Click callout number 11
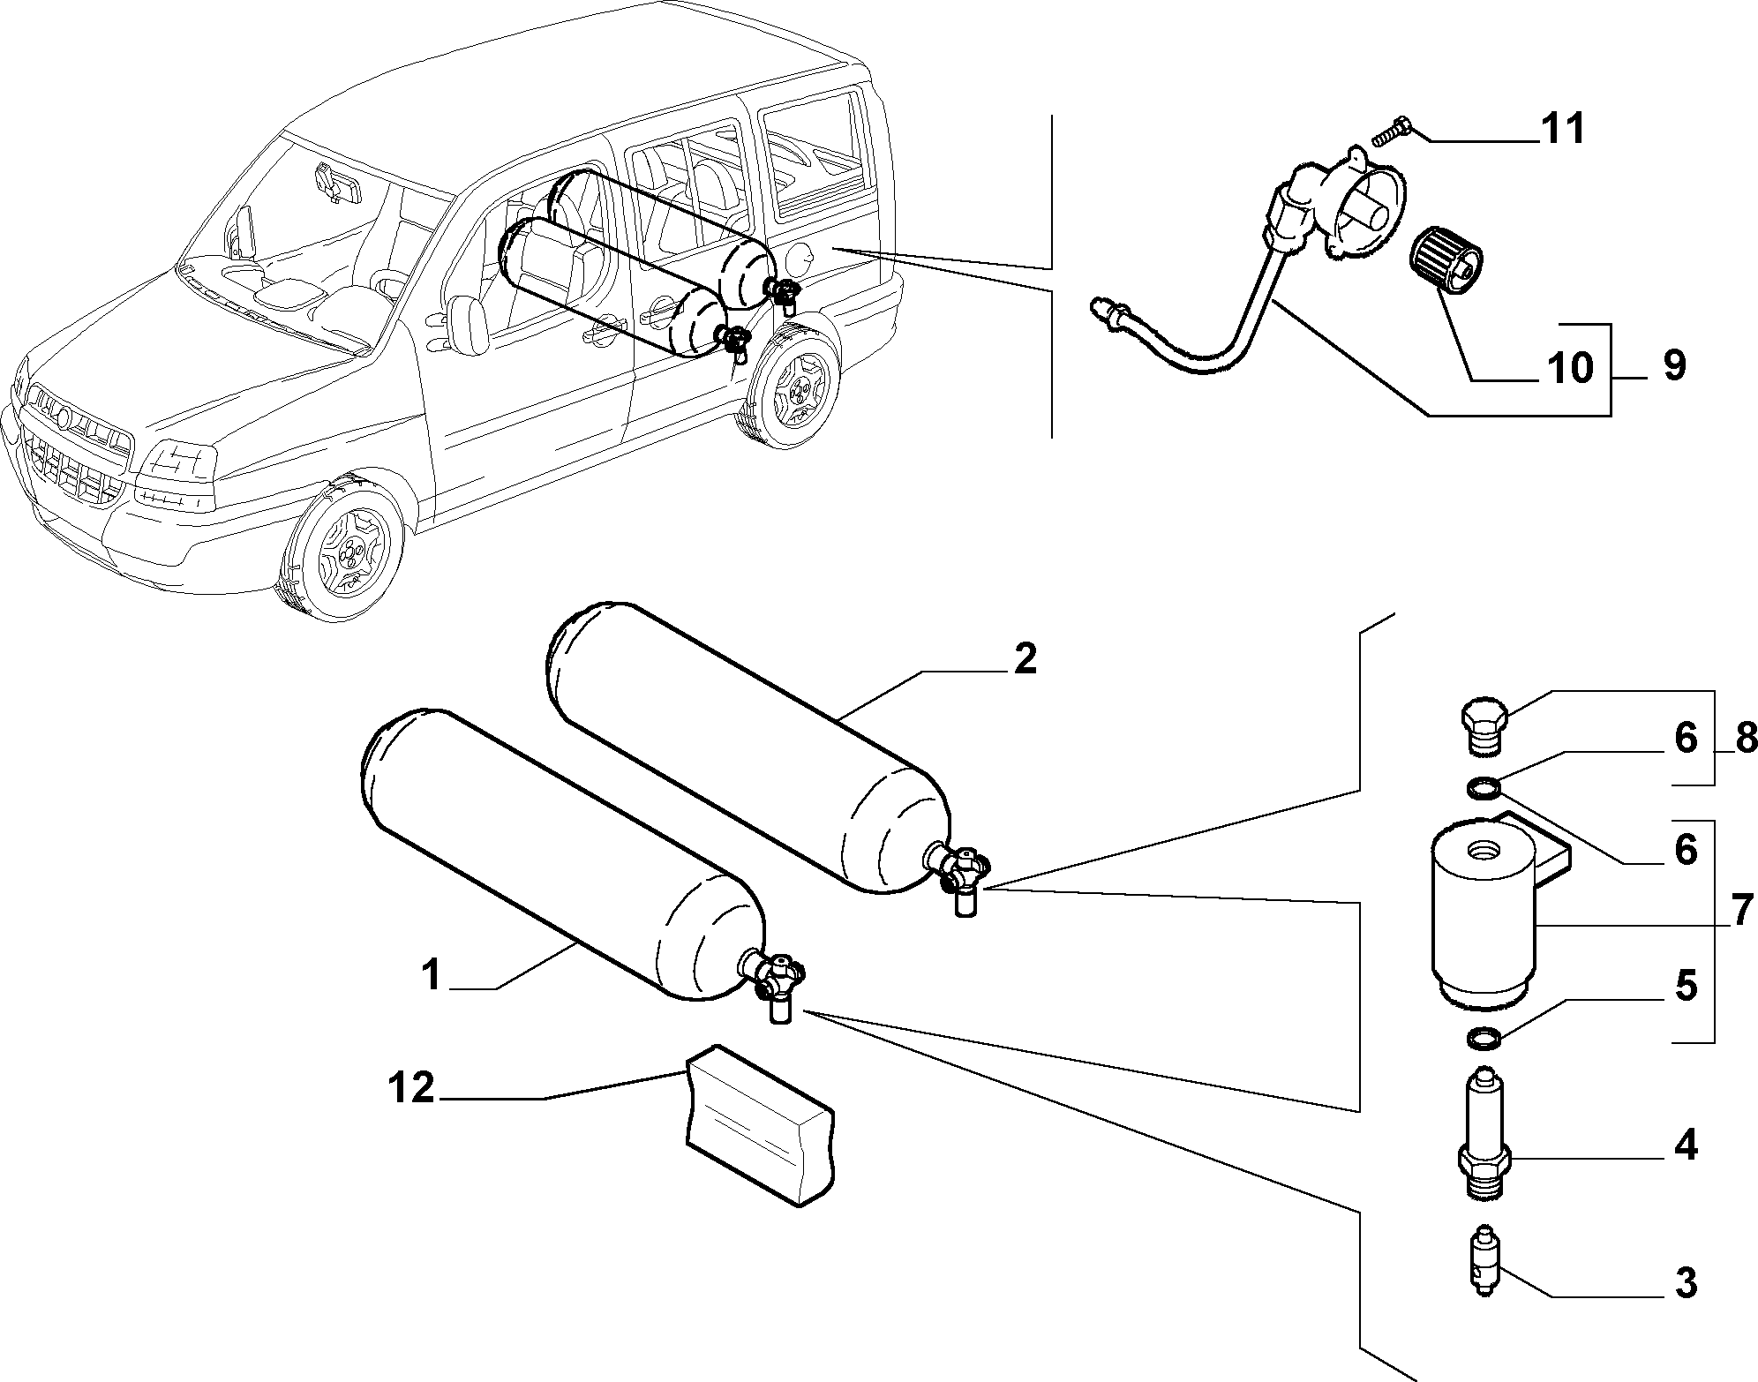click(x=1562, y=130)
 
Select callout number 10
click(x=1570, y=367)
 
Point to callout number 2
click(x=1025, y=659)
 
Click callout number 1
click(x=432, y=977)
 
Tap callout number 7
click(x=1740, y=911)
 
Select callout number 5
click(x=1686, y=986)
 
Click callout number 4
click(x=1686, y=1146)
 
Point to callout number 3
click(x=1686, y=1308)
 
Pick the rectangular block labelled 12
click(x=759, y=1125)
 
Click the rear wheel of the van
click(x=792, y=386)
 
